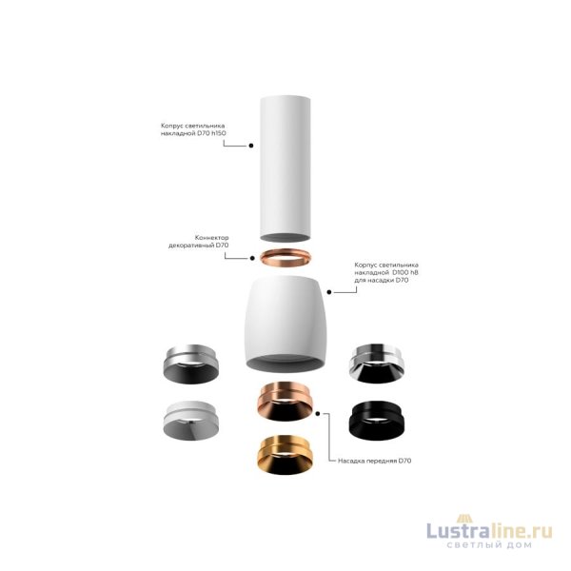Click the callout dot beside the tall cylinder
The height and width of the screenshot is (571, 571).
[249, 146]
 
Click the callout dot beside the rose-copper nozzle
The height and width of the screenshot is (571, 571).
[328, 415]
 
